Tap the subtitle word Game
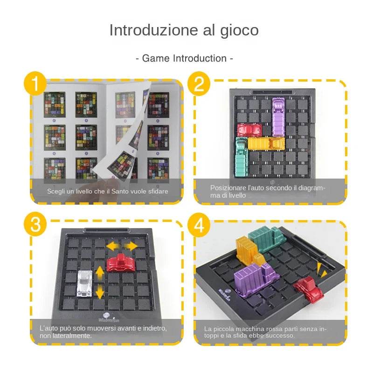[x=156, y=58]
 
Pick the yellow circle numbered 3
[x=35, y=226]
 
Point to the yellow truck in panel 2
[x=265, y=143]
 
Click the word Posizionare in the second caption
[x=228, y=187]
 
